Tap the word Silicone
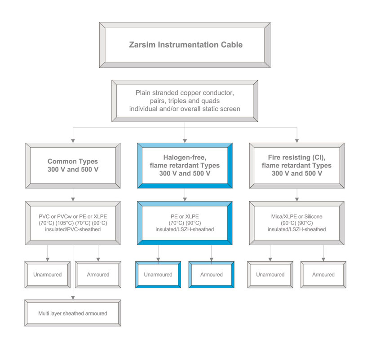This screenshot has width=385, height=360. click(313, 216)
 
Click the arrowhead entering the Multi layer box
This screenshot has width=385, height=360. click(73, 298)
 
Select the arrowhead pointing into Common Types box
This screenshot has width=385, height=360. click(73, 141)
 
